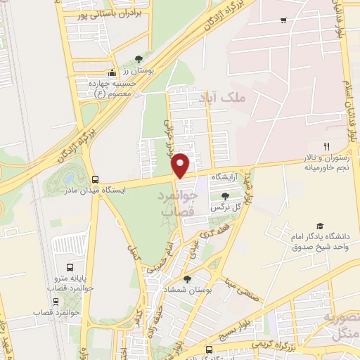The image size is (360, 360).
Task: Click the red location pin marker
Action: tap(181, 165)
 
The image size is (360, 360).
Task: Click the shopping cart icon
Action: tap(283, 20)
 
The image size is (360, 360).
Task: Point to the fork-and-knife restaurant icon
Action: tap(326, 146)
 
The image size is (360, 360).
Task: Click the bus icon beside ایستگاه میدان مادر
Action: tap(95, 179)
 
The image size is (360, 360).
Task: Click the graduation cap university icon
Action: tap(320, 226)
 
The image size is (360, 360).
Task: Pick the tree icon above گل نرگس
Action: tap(225, 196)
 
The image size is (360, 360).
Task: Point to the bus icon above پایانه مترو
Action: tap(70, 267)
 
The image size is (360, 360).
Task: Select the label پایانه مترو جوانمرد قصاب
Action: tap(70, 284)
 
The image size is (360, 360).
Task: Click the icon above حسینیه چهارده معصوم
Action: tap(111, 72)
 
